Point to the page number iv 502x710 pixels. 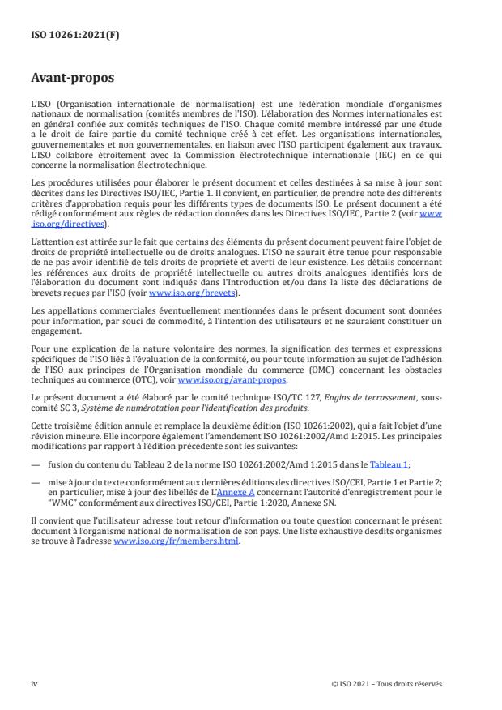tap(35, 683)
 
